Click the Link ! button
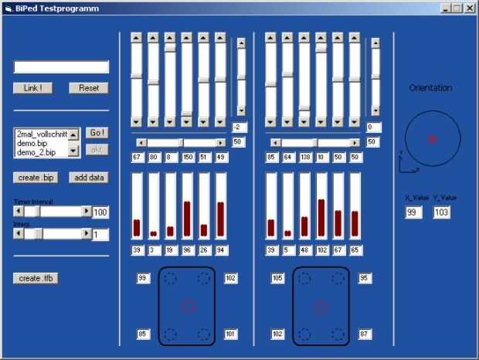(32, 88)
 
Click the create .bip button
(36, 178)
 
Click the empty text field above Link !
(61, 67)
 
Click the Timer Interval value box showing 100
(100, 212)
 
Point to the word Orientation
(430, 88)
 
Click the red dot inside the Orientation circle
(432, 139)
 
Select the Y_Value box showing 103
(441, 212)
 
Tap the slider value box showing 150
(187, 158)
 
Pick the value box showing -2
(239, 127)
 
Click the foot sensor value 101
(230, 334)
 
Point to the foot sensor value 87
(365, 334)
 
